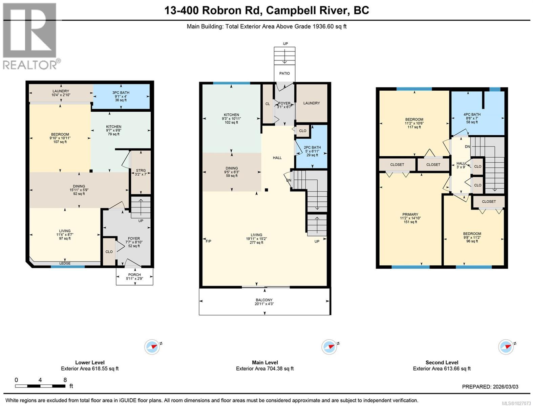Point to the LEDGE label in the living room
[x=65, y=263]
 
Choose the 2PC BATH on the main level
[x=312, y=151]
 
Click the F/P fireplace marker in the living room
[x=208, y=241]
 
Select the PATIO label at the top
[x=284, y=73]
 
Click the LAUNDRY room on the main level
[x=312, y=103]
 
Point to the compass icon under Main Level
[x=329, y=347]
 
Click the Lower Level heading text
[x=90, y=362]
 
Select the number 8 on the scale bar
[x=65, y=380]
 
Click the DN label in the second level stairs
[x=467, y=146]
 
